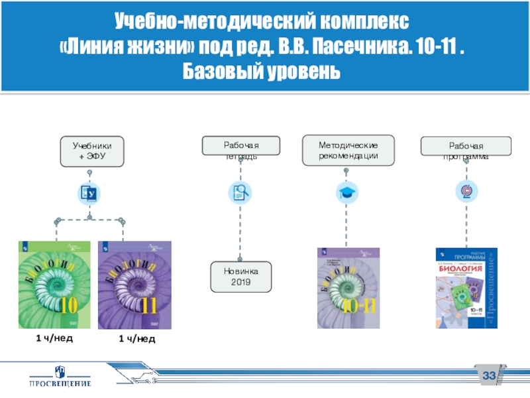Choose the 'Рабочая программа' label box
[466, 145]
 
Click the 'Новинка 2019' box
[240, 277]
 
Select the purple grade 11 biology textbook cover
[135, 285]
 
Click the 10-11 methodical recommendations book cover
[348, 287]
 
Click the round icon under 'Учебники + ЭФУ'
[89, 193]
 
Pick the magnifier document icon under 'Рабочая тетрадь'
[240, 193]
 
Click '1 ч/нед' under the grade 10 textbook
[54, 338]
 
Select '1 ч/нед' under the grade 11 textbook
[137, 339]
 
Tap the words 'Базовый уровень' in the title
[264, 70]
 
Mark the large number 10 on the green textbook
[67, 307]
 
